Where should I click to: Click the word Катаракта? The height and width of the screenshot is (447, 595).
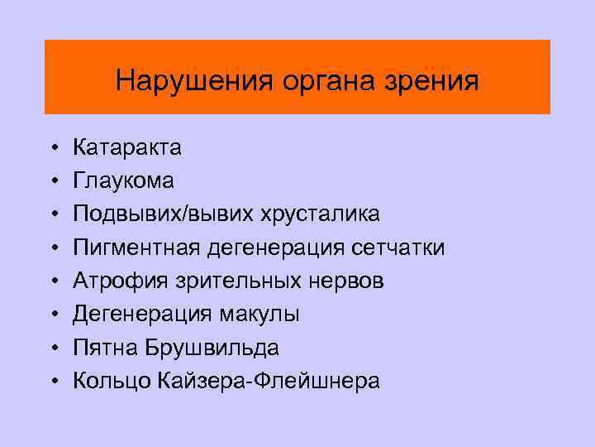point(128,148)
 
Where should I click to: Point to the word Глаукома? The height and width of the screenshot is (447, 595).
point(124,181)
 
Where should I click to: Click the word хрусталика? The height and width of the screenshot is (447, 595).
point(321,214)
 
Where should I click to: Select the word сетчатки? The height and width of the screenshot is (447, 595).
point(397,248)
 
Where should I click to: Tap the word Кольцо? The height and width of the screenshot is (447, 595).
point(108,381)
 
